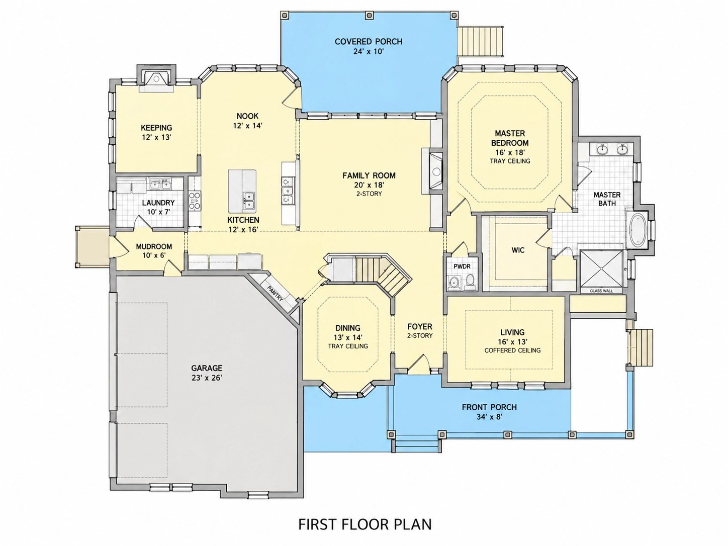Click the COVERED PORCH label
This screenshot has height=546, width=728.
[368, 42]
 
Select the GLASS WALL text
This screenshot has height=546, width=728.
[601, 291]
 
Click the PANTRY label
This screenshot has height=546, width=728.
[275, 294]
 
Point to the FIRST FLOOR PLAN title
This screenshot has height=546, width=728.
[365, 524]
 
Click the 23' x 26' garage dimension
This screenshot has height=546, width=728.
[207, 378]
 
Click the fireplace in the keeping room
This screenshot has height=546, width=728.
[156, 79]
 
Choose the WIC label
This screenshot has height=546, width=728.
[518, 250]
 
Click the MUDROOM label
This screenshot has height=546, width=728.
[154, 247]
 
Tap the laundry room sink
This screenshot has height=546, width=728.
[160, 184]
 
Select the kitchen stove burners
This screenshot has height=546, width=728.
[195, 201]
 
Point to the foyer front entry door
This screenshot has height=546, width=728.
[417, 363]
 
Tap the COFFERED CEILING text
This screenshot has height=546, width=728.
[512, 350]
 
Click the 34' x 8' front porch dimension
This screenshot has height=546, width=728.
[490, 417]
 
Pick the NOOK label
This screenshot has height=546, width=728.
[247, 116]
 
